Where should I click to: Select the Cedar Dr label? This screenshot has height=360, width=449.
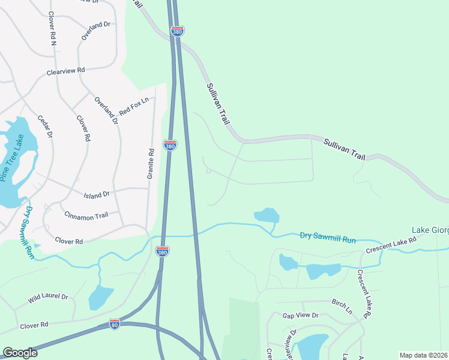[46, 126]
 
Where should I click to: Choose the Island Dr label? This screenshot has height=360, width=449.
[97, 194]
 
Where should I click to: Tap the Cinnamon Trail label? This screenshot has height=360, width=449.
[86, 216]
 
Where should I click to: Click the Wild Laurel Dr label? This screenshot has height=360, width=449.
[49, 297]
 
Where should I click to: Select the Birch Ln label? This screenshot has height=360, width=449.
[342, 306]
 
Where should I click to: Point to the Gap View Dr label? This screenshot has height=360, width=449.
[300, 315]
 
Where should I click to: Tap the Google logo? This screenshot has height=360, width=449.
[20, 353]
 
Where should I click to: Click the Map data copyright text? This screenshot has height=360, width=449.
[423, 355]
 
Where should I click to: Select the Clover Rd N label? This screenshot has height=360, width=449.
[52, 29]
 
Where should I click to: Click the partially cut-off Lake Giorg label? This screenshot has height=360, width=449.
[430, 230]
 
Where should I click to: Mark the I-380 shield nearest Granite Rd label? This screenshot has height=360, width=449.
[170, 145]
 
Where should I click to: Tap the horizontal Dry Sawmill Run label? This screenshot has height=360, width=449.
[328, 239]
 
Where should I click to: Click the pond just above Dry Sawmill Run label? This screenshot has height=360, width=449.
[267, 215]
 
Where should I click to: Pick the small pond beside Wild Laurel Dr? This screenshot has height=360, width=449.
[100, 297]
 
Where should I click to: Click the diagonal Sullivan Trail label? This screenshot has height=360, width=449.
[218, 104]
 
